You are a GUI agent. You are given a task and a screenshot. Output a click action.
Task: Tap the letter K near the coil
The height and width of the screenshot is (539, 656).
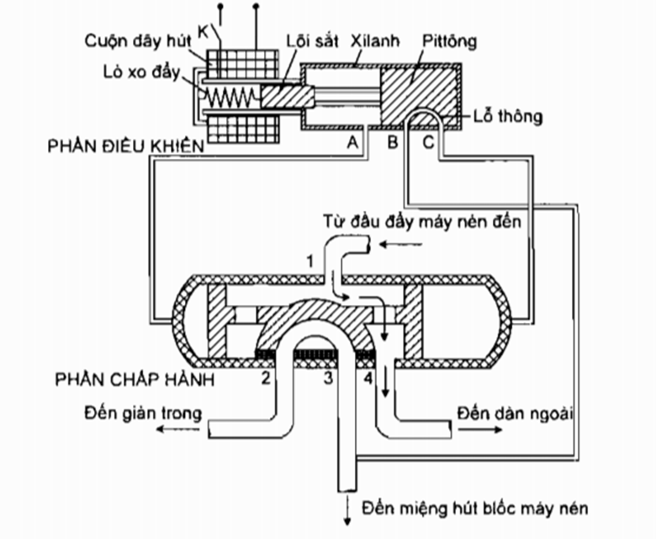[202, 31]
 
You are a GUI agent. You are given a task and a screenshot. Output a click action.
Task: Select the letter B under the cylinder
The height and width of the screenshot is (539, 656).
[392, 144]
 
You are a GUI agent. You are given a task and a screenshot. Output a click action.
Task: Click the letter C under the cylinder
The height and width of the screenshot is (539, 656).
[428, 144]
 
